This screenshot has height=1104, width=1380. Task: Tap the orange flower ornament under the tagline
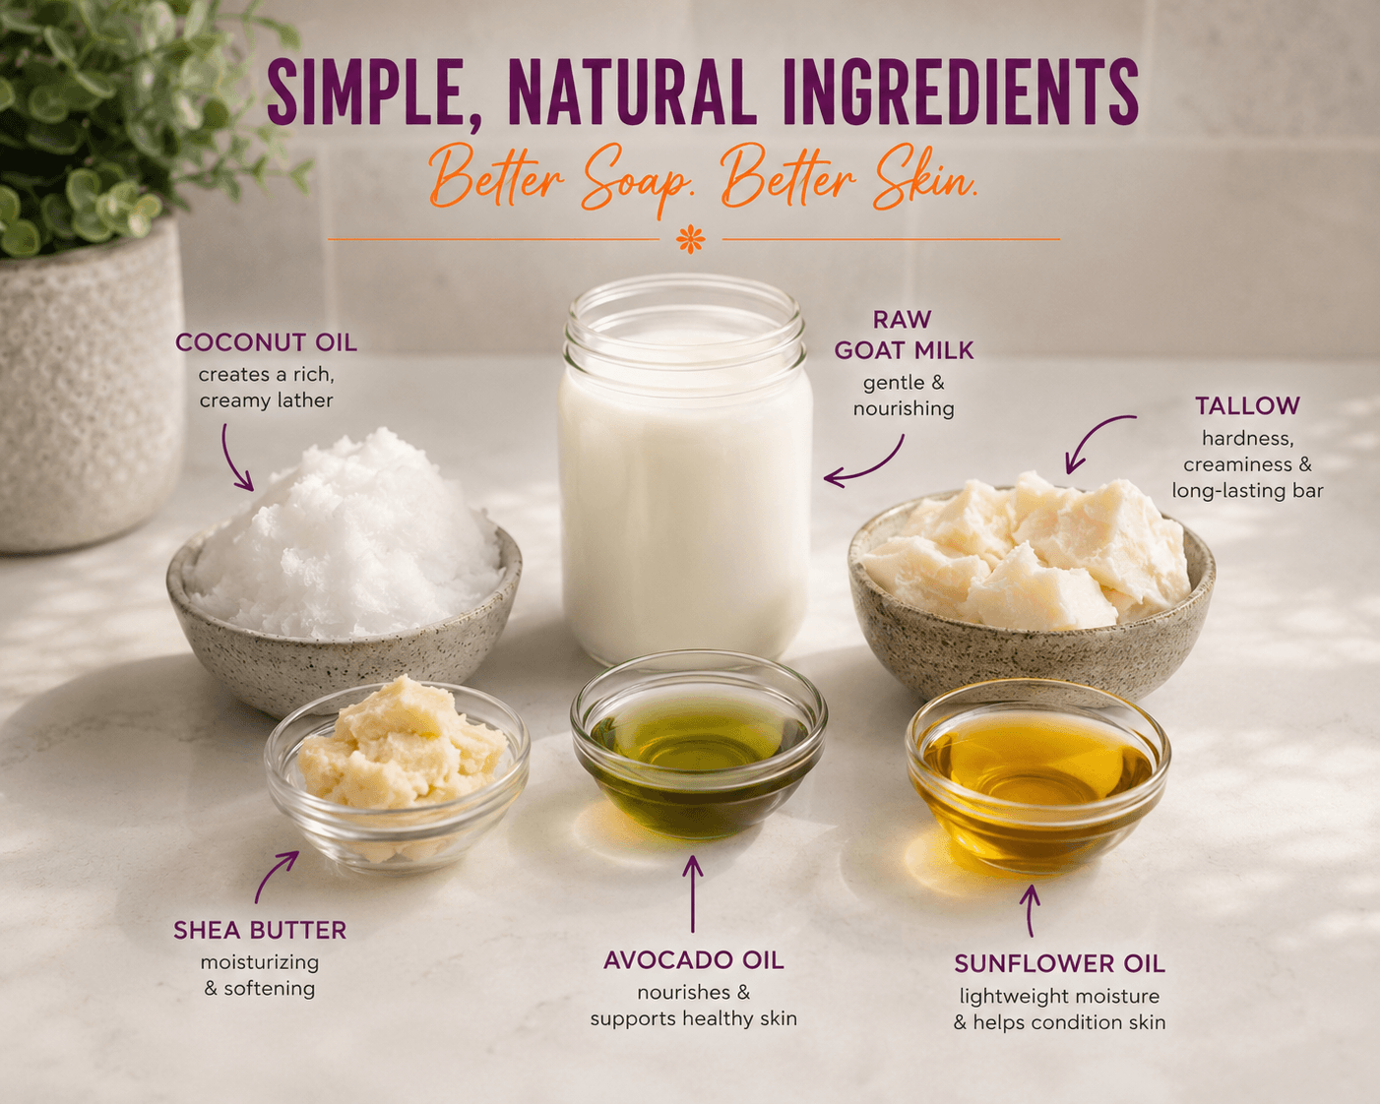tap(691, 240)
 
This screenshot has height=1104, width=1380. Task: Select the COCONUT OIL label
tap(266, 342)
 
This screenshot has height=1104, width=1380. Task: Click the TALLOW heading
tap(1247, 405)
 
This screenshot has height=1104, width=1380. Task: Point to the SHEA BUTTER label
tap(260, 930)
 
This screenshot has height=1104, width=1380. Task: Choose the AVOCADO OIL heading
tap(693, 960)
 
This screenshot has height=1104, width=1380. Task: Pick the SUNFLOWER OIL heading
tap(1059, 964)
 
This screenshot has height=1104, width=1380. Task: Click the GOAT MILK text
tap(905, 350)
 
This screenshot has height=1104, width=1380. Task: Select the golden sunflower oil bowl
tap(1037, 775)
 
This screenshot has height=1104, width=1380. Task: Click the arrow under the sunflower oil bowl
tap(1030, 911)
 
